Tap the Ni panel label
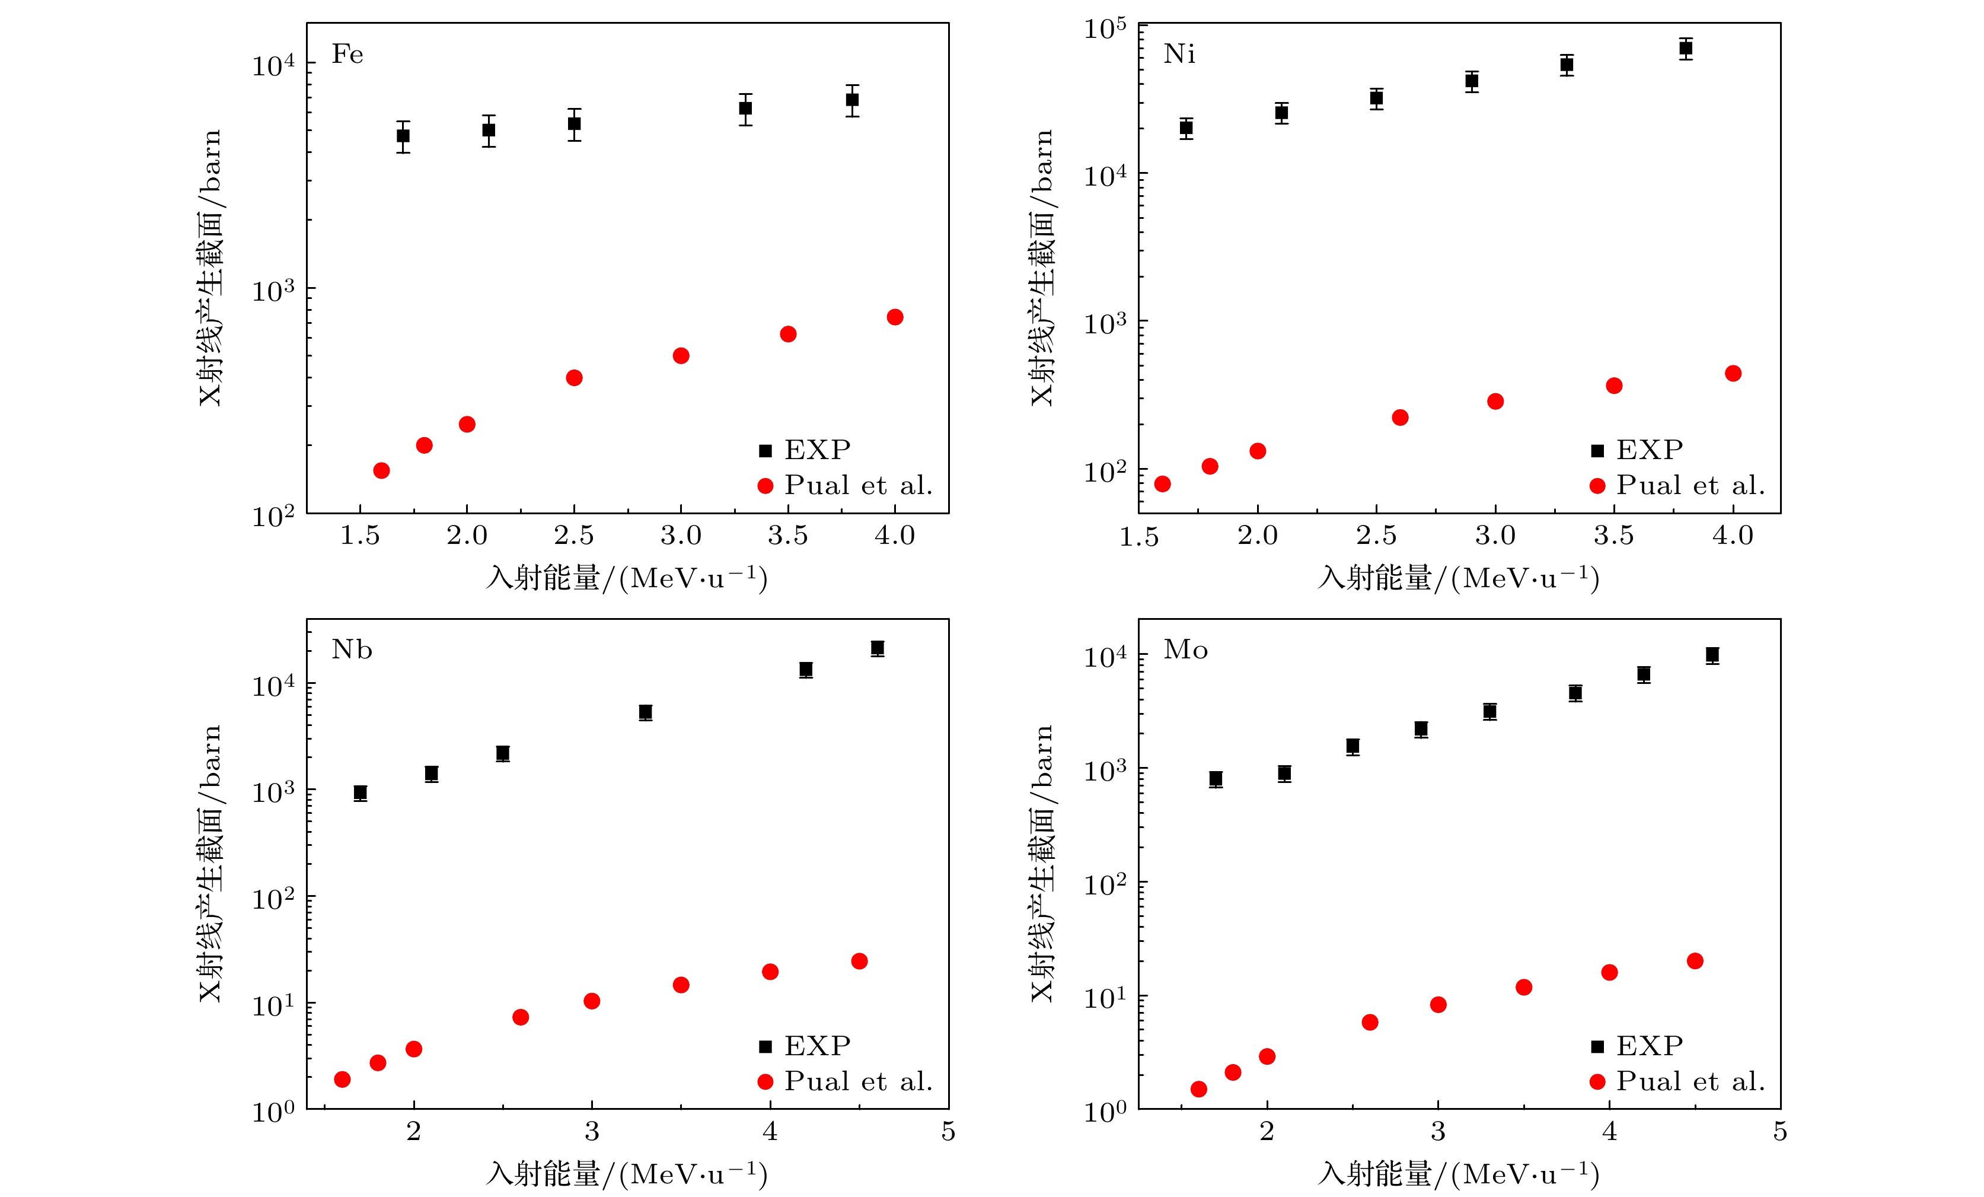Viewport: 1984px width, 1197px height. [x=1179, y=54]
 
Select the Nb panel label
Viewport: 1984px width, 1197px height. [x=352, y=650]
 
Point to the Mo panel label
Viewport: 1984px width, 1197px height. [x=1185, y=650]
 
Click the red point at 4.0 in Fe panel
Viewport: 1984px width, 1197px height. [x=895, y=317]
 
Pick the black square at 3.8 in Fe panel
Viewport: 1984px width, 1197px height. [x=852, y=100]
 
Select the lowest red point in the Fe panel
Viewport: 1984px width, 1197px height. [x=382, y=470]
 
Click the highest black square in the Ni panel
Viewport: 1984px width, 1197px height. [x=1685, y=48]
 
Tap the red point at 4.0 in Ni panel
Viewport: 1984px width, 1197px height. [x=1733, y=373]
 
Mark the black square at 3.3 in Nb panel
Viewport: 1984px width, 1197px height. [x=645, y=712]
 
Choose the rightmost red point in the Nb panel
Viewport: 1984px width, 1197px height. [x=859, y=961]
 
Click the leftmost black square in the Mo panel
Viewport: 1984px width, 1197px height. [x=1216, y=779]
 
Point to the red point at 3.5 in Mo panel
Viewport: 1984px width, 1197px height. [x=1523, y=988]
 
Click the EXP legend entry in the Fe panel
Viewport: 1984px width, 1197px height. [x=805, y=450]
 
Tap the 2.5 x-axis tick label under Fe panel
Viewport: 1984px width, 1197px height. [x=573, y=536]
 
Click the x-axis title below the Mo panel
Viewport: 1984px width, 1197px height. [x=1458, y=1174]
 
